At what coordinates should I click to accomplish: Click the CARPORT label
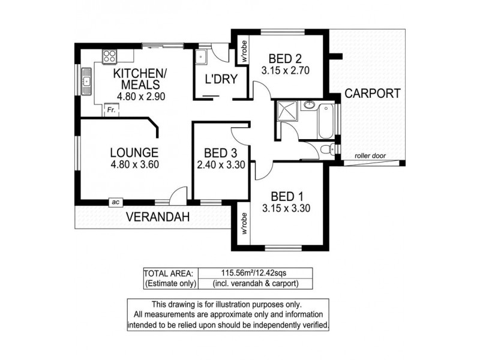pos(373,94)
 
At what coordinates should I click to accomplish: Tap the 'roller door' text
pos(370,155)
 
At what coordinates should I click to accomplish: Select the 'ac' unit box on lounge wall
pos(114,203)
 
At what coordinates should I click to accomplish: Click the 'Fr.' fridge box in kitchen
pos(110,110)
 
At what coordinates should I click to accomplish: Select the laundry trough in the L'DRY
pos(200,58)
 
